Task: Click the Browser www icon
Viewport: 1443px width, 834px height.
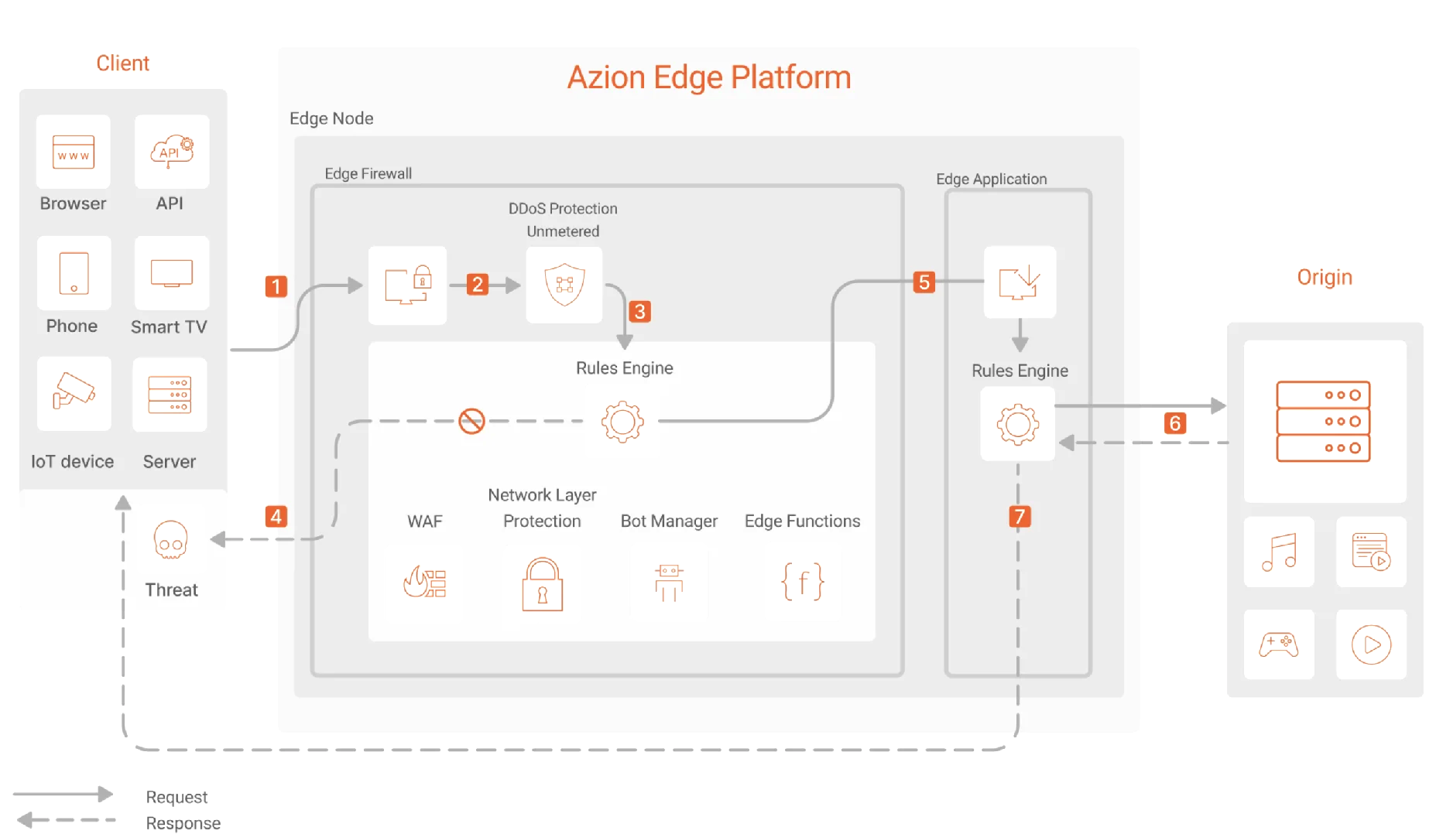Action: (74, 152)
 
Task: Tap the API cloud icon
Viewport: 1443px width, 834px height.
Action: (171, 151)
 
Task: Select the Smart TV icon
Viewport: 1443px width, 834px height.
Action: (171, 274)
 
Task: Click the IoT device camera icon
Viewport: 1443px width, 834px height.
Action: (74, 391)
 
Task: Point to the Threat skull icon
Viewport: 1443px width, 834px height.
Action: (170, 539)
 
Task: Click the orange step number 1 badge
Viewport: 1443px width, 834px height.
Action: (276, 286)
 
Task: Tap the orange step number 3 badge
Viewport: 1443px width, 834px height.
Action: (639, 312)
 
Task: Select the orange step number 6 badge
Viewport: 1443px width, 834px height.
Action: (1174, 423)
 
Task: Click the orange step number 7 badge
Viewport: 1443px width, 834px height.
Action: (1020, 516)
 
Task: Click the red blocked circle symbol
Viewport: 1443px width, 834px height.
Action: (471, 421)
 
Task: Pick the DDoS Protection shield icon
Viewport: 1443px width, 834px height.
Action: (564, 285)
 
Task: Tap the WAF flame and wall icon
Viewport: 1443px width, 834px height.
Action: (425, 582)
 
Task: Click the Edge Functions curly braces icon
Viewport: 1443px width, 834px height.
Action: (802, 582)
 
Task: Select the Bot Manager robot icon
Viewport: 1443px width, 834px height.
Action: (669, 582)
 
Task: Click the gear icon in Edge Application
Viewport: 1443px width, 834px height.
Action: (1017, 424)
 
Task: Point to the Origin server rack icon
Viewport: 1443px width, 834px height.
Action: (1323, 421)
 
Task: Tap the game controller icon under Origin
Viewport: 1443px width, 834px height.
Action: (1279, 644)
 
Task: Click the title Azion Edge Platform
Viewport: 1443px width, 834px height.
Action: (708, 77)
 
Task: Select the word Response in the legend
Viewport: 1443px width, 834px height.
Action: (183, 823)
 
